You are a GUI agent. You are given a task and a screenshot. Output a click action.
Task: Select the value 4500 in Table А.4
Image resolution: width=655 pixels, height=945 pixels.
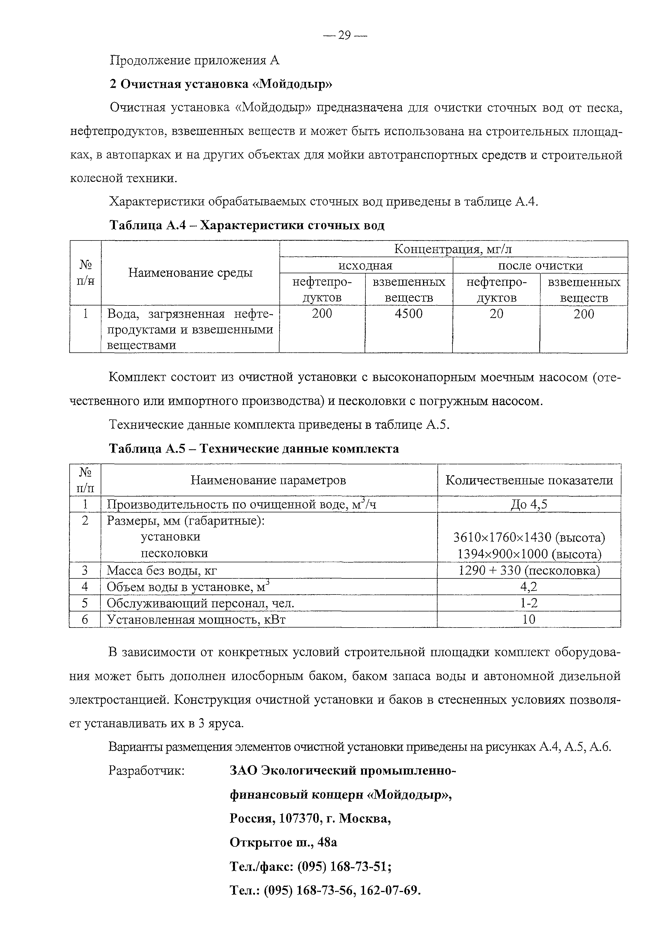408,314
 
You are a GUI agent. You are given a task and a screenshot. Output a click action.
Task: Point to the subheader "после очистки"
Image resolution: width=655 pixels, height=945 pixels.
540,266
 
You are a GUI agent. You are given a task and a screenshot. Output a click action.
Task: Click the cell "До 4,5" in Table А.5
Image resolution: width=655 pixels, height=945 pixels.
529,504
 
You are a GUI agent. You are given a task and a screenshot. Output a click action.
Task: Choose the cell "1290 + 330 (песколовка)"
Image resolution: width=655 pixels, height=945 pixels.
529,570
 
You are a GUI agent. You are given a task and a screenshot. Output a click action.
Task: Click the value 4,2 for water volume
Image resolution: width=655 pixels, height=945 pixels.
529,587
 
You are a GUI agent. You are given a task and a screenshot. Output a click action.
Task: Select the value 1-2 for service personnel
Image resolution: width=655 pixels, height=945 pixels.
529,603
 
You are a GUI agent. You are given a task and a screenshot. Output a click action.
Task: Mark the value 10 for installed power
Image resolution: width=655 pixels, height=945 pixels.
529,619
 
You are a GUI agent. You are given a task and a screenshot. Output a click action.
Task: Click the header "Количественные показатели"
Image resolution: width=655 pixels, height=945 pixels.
529,480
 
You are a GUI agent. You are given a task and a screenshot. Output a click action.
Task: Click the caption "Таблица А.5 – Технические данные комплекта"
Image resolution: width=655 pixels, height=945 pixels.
254,449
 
